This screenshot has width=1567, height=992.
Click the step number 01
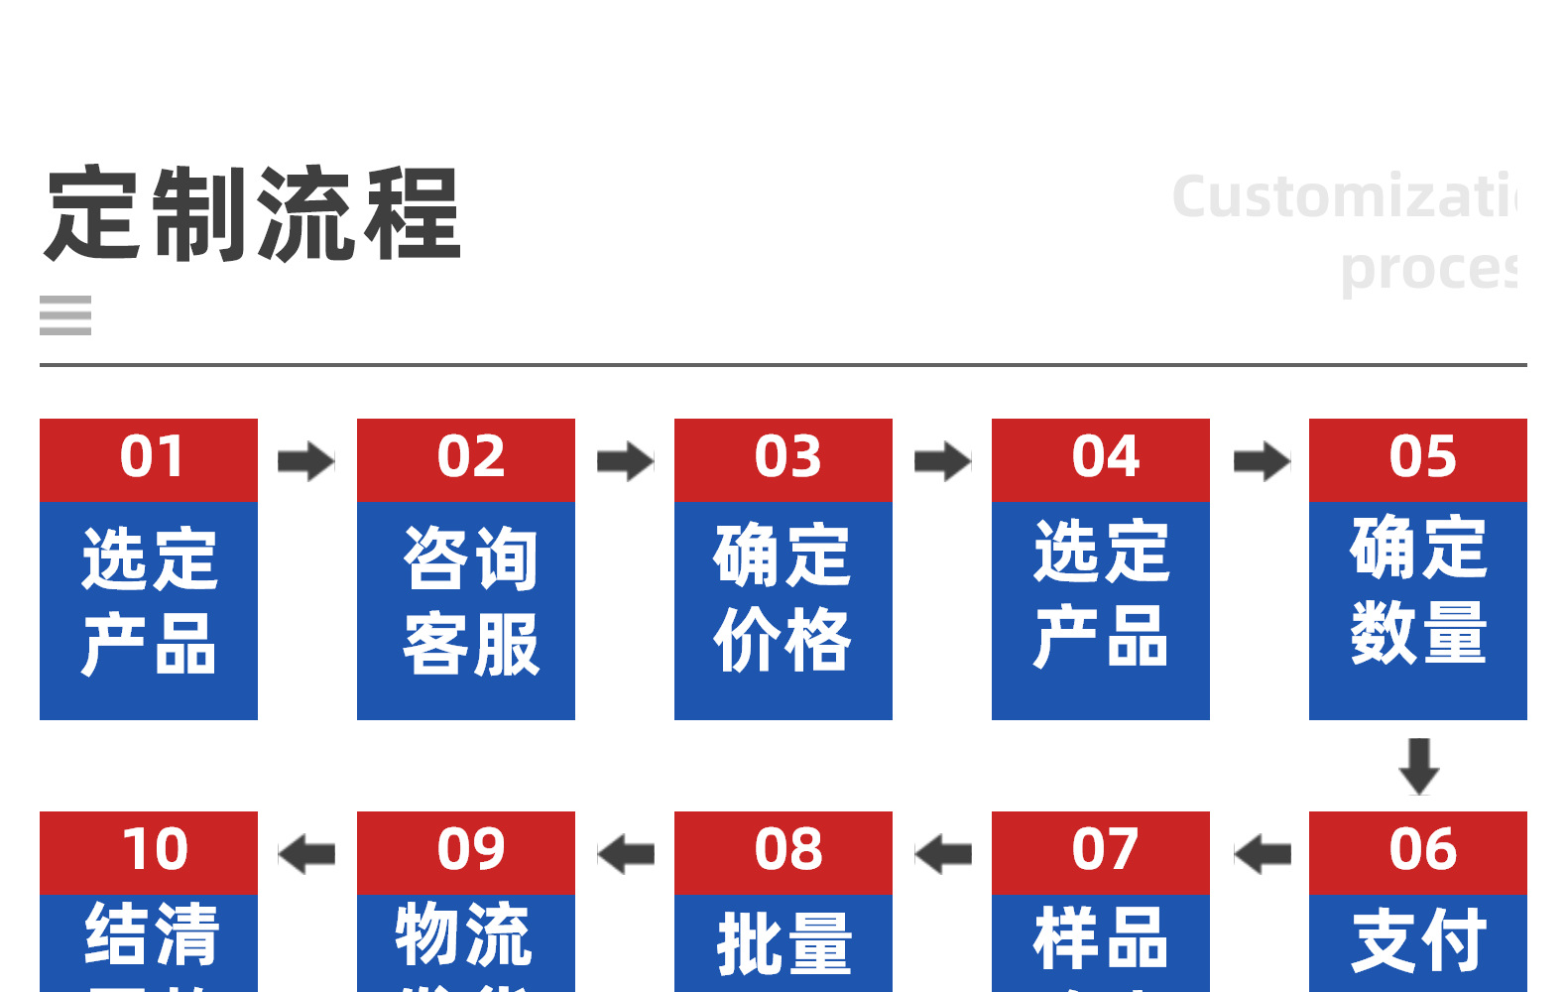(x=152, y=457)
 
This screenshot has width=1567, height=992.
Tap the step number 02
(x=471, y=457)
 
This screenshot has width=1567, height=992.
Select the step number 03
(x=788, y=457)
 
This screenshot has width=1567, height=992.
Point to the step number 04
(x=1106, y=457)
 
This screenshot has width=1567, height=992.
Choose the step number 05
(x=1423, y=457)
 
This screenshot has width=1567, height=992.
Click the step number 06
(x=1423, y=850)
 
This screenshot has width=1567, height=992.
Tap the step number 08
(x=788, y=850)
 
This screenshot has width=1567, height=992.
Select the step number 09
(x=471, y=850)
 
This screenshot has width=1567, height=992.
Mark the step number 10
(x=155, y=850)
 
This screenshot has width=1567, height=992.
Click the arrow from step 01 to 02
(x=306, y=461)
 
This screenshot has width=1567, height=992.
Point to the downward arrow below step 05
(x=1419, y=766)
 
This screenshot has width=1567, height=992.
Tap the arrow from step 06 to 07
(x=1262, y=854)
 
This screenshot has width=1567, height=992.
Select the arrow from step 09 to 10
(x=306, y=854)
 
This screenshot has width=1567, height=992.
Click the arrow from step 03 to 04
(x=942, y=461)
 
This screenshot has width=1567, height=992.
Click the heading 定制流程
(x=253, y=214)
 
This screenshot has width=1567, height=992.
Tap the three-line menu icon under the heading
(x=65, y=315)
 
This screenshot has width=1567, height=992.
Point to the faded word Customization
(x=1344, y=196)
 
